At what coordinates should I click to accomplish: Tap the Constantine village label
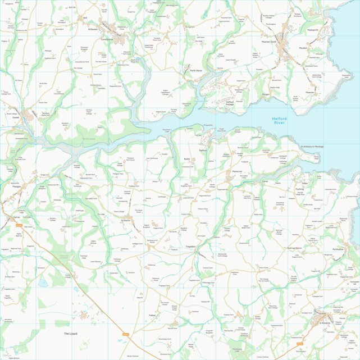click(106, 39)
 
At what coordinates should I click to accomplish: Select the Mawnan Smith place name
click(266, 42)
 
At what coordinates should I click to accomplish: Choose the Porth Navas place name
click(195, 71)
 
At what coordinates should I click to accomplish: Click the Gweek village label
click(16, 117)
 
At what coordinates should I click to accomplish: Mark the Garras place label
click(15, 216)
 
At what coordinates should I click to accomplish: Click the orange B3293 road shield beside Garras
click(19, 225)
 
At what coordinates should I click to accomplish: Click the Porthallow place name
click(338, 249)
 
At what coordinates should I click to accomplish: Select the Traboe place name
click(152, 316)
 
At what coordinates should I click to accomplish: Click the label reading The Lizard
click(73, 334)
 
